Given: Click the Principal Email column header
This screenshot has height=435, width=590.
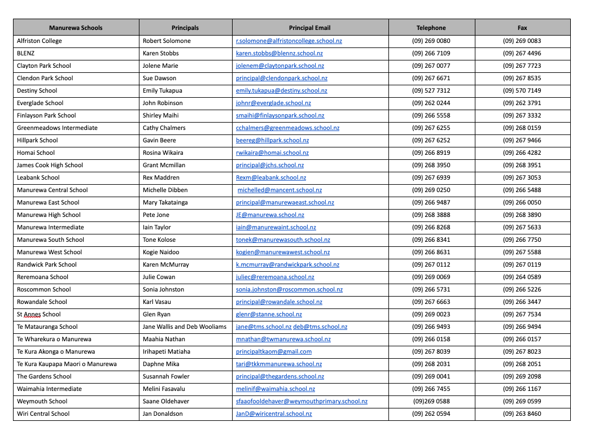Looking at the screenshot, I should pos(309,28).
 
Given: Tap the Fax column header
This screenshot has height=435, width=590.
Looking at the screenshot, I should pos(522,28).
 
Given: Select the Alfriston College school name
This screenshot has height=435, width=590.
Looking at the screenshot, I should pos(40,41).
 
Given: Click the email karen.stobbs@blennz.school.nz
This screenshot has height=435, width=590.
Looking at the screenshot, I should pos(279,53).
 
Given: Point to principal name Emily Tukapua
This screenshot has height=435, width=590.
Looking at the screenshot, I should pos(163,90).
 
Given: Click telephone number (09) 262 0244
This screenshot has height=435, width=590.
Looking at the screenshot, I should pos(431,103).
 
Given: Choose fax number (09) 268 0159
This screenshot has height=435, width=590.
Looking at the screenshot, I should pos(522,128).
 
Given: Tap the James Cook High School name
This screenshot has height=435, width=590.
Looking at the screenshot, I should pos(50,165).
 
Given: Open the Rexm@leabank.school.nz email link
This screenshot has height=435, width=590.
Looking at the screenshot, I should pos(271,177).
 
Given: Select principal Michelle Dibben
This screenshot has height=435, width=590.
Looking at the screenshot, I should pos(165,190).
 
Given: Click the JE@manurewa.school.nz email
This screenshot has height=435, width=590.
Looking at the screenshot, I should pos(270,215).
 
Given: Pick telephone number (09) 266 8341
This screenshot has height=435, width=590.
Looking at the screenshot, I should pos(431,240).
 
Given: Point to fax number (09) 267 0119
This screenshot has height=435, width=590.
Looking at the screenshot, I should pos(522,264).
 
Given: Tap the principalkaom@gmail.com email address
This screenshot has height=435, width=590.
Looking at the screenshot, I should pos(274,351).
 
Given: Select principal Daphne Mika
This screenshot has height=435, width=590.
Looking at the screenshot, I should pos(161,364).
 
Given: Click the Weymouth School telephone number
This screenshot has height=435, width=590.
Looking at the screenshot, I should pos(431,401).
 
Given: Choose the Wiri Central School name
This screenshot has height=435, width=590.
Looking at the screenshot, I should pos(43,414).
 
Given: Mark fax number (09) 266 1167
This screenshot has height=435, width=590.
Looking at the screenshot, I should pos(522,389).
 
